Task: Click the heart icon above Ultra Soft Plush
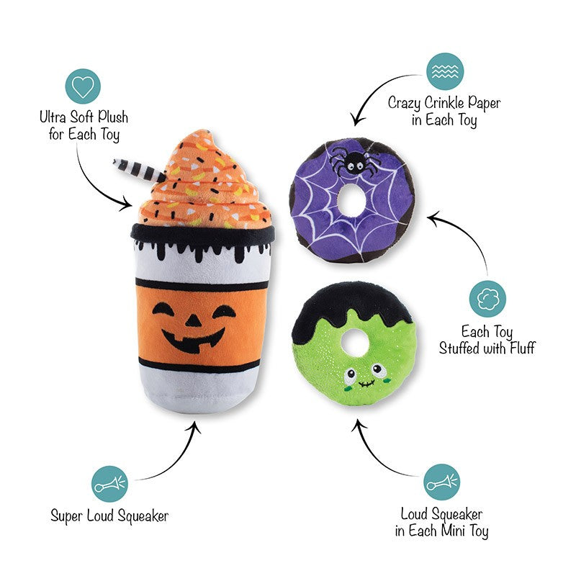click(83, 86)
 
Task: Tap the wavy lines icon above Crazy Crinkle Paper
click(445, 71)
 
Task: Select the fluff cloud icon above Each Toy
click(487, 299)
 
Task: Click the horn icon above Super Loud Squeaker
click(109, 484)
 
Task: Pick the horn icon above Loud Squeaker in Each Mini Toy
click(441, 482)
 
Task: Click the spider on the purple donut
click(353, 161)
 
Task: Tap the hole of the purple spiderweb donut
click(351, 201)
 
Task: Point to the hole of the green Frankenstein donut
click(354, 343)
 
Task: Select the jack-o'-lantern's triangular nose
click(193, 320)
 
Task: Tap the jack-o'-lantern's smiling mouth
click(193, 341)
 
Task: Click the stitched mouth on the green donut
click(366, 384)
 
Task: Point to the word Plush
click(113, 117)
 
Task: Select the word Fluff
click(523, 348)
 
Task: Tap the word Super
click(66, 516)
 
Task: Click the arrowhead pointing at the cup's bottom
click(194, 427)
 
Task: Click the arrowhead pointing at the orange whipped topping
click(126, 204)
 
